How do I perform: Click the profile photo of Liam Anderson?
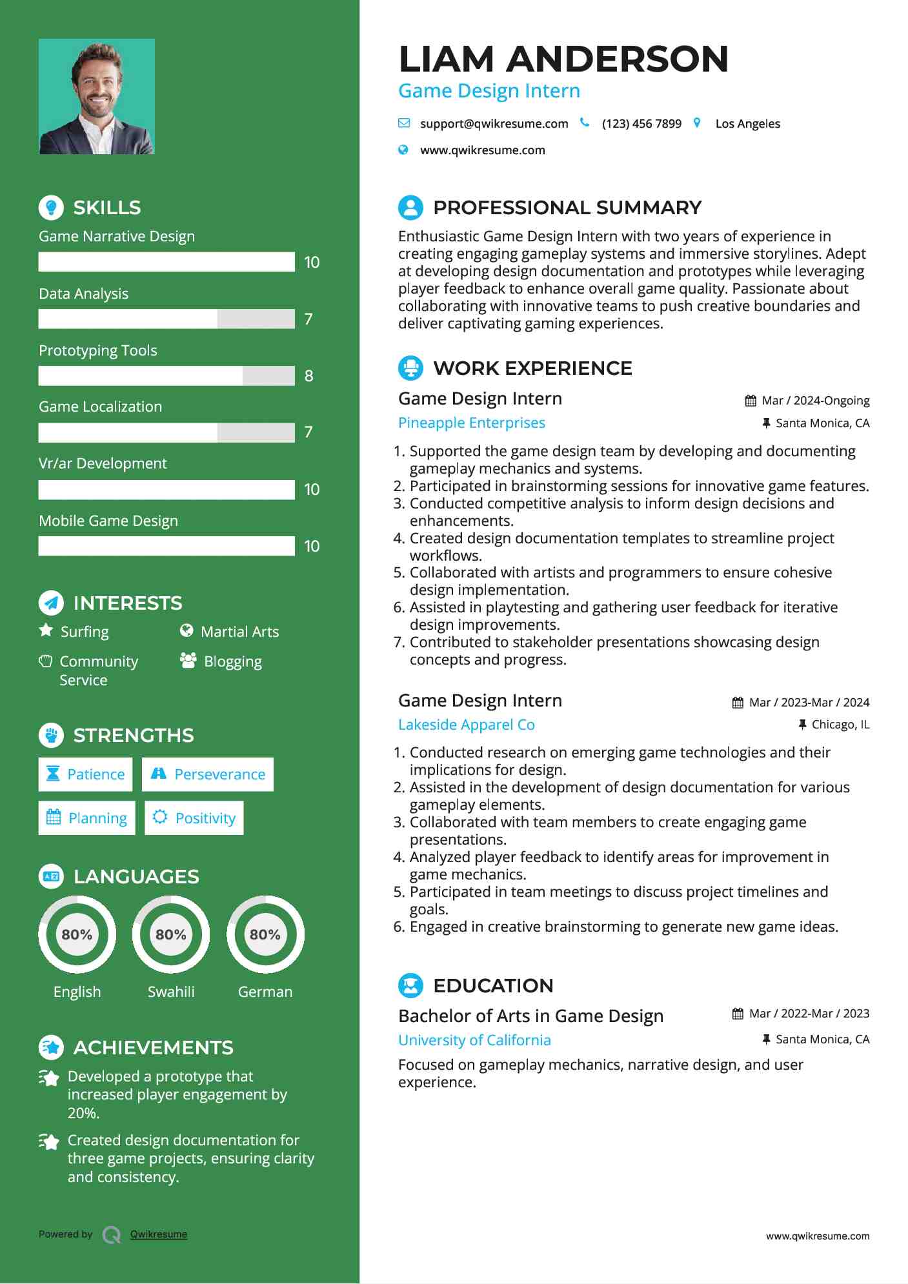tap(97, 97)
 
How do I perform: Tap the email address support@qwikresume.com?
tap(494, 124)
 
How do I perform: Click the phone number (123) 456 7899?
tap(641, 124)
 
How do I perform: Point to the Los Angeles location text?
tap(747, 124)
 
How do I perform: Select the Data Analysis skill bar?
tap(166, 319)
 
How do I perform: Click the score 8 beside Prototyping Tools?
tap(308, 376)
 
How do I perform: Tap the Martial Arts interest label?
tap(239, 632)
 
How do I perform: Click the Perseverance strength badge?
tap(208, 774)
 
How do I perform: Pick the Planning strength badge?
tap(87, 818)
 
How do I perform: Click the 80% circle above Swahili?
tap(171, 934)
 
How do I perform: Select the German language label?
tap(265, 992)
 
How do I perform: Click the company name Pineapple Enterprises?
tap(471, 423)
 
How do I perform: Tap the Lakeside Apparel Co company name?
tap(466, 725)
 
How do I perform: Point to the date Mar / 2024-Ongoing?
tap(815, 401)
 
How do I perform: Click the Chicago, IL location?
tap(840, 725)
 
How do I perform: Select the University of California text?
tap(474, 1040)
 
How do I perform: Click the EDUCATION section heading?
tap(493, 986)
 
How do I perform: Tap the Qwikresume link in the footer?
tap(159, 1234)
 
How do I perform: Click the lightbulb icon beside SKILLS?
tap(51, 207)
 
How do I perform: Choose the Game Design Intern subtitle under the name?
tap(489, 91)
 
